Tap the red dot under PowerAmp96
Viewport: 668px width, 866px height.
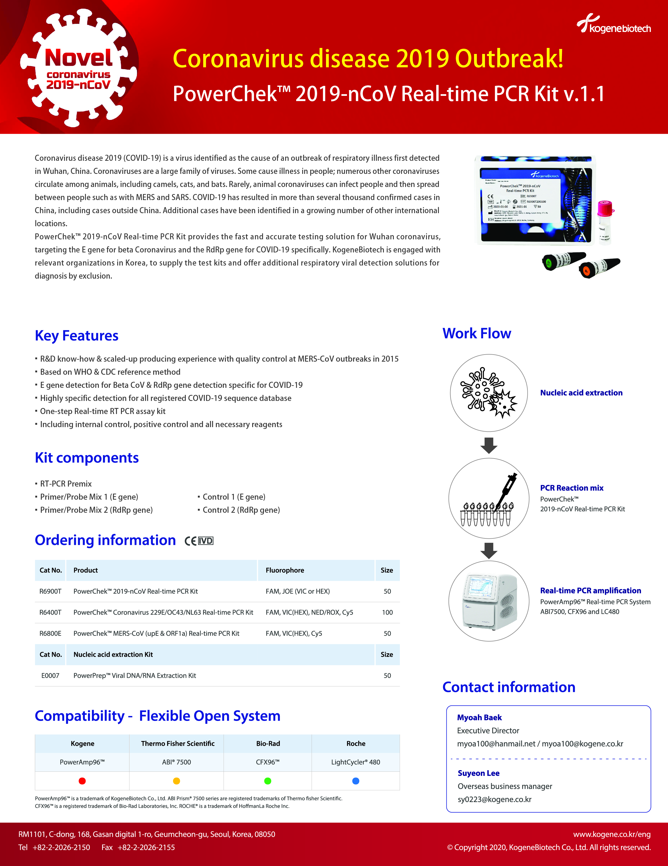pos(82,781)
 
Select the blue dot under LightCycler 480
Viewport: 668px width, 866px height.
pos(356,781)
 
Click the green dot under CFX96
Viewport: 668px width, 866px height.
pos(268,781)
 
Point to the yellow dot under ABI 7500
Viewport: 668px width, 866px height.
pos(176,781)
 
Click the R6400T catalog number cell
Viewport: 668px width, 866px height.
pos(50,612)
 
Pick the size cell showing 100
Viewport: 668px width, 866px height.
pos(387,612)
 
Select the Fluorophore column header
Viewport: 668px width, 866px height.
pos(285,570)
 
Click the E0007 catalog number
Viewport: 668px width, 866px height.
pos(50,675)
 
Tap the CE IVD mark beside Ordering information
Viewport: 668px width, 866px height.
pos(199,541)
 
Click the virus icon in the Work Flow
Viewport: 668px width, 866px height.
pos(488,393)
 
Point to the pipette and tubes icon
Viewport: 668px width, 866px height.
pos(488,498)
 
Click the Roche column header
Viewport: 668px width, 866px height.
pos(356,743)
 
